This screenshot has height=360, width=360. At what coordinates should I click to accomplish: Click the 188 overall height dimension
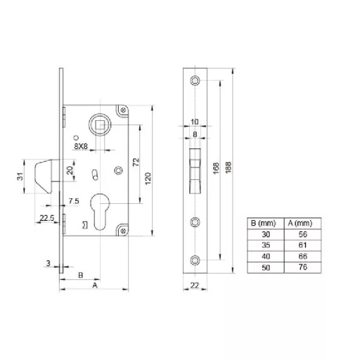[229, 167]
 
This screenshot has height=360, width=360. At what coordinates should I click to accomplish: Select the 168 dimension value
[216, 168]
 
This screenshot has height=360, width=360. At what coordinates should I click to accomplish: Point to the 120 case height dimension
[148, 179]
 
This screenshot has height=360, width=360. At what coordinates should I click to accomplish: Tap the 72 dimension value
[136, 162]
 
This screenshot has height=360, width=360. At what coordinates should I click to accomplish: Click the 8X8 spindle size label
[81, 146]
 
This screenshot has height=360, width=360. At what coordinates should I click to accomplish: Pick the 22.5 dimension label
[47, 218]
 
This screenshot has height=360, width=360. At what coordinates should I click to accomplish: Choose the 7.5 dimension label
[74, 201]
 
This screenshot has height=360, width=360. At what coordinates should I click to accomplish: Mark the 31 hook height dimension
[20, 176]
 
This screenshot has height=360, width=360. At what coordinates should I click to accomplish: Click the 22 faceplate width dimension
[195, 285]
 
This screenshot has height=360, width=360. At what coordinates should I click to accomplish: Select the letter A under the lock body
[95, 285]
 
